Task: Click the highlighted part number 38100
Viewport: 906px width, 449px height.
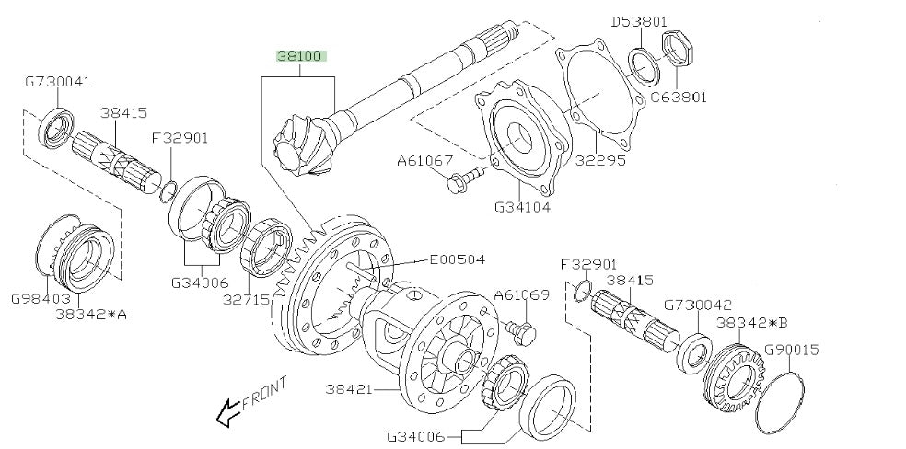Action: (x=301, y=56)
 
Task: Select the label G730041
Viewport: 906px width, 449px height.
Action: (x=57, y=81)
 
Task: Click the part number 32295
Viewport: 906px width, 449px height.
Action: (x=601, y=160)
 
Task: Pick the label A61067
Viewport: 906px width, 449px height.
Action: (x=425, y=160)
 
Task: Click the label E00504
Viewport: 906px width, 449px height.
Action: (x=457, y=260)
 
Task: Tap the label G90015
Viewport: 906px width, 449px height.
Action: (x=790, y=350)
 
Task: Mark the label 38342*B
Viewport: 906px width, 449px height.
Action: (x=750, y=323)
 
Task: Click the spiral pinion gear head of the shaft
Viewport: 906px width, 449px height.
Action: (x=301, y=147)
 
